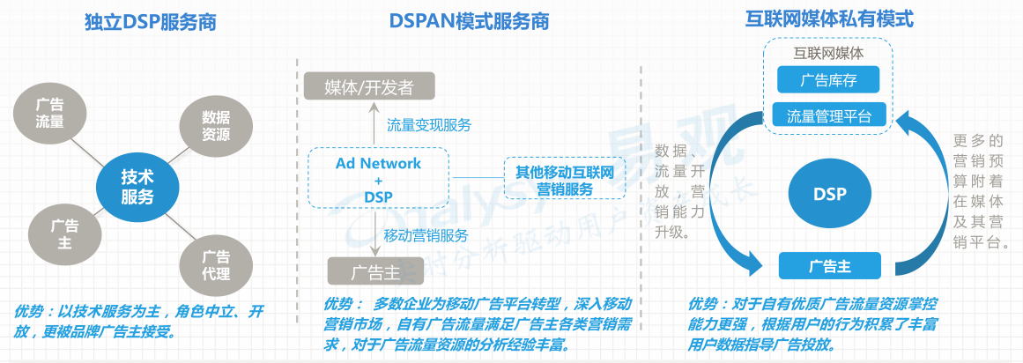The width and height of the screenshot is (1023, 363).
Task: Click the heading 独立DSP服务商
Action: point(146,21)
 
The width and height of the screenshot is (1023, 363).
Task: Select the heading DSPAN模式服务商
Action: point(469,21)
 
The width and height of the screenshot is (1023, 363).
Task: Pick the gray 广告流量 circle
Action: point(49,112)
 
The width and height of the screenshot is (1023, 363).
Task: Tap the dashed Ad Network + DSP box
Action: point(378,180)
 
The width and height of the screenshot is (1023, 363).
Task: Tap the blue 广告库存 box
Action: point(828,81)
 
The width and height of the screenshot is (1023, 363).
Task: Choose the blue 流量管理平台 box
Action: point(828,115)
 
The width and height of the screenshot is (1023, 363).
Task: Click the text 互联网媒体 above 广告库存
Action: point(828,54)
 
